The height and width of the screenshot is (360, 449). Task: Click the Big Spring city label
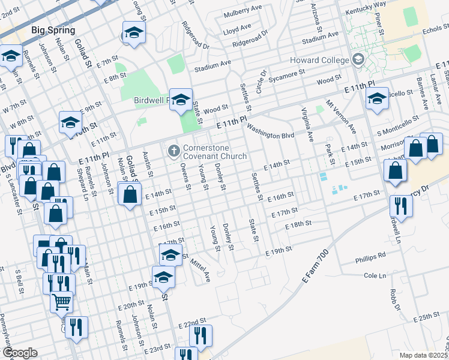[x=53, y=30]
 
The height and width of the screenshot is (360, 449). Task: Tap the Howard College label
[x=319, y=60]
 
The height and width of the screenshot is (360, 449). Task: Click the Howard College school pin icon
[x=358, y=59]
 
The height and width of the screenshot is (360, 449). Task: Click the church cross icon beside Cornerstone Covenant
[x=174, y=151]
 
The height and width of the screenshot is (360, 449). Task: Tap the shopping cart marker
[x=61, y=302]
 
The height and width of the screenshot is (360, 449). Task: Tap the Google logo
[x=19, y=352]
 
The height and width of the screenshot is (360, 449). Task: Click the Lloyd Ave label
[x=237, y=28]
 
